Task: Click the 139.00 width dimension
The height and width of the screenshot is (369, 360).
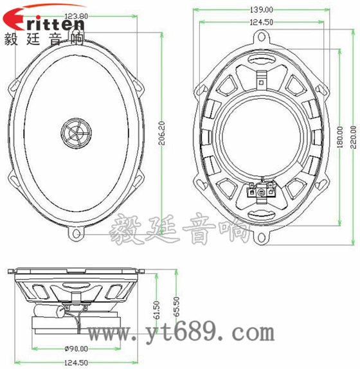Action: click(x=260, y=10)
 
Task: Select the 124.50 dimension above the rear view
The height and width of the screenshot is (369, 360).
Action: click(x=260, y=22)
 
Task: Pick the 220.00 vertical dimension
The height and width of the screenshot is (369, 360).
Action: click(x=352, y=136)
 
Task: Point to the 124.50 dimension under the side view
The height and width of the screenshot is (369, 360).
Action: click(x=76, y=363)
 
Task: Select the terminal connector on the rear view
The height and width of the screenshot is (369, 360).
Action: click(x=262, y=191)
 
